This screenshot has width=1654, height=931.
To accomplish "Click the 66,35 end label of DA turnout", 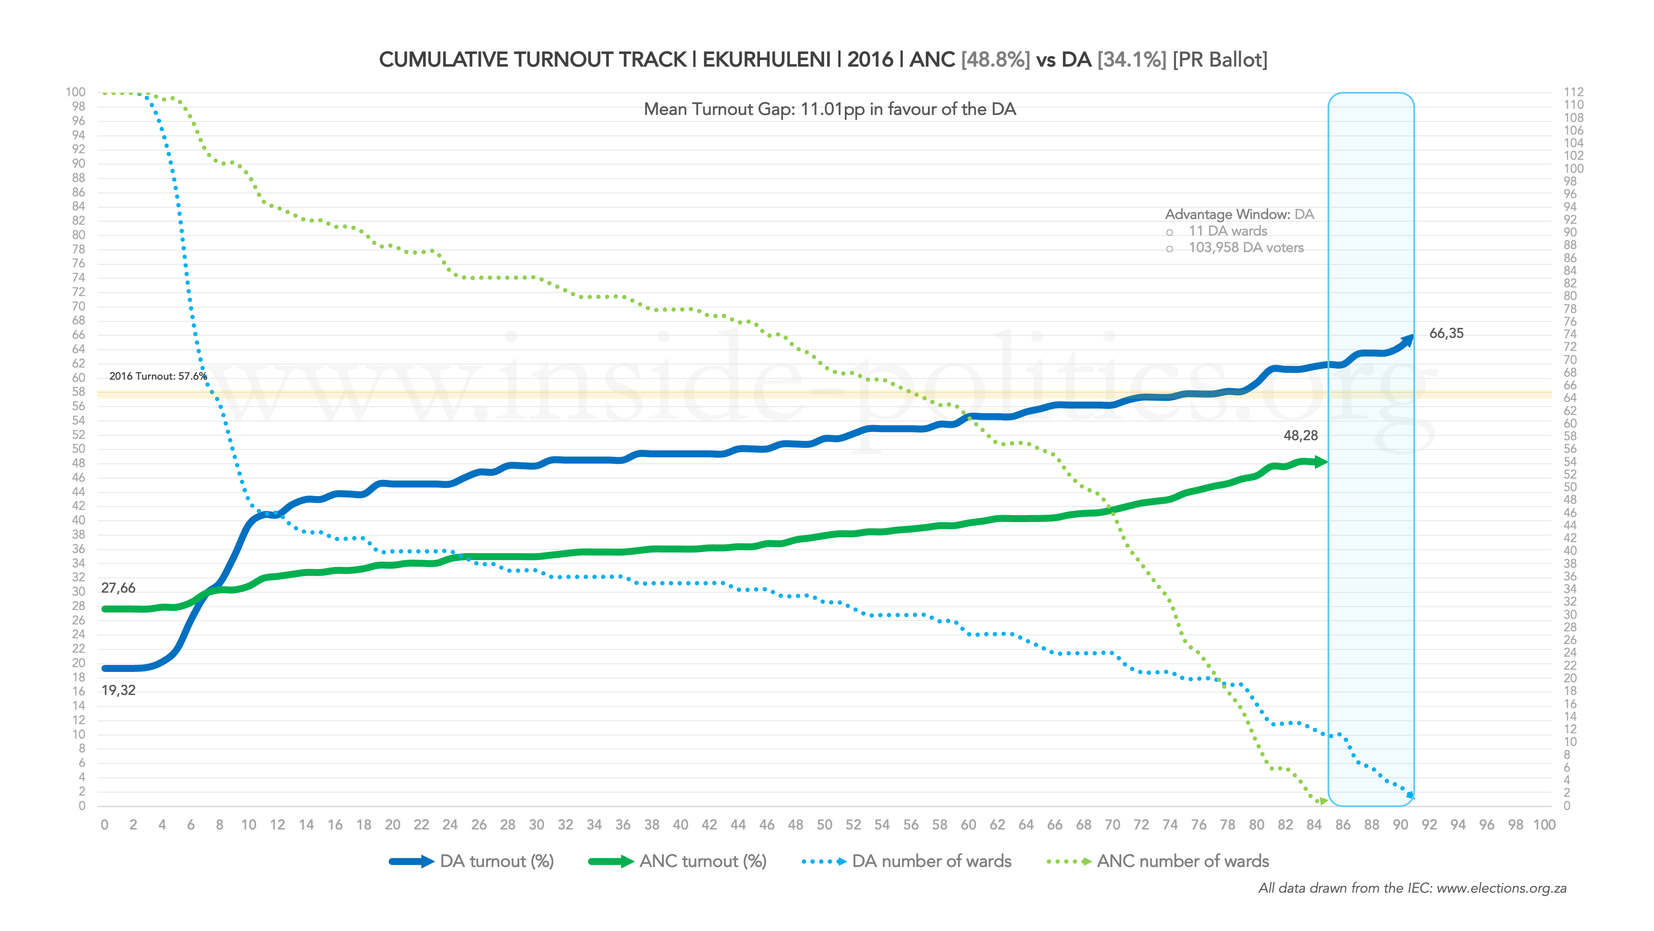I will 1446,334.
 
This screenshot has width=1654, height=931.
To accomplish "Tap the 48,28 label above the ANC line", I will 1300,435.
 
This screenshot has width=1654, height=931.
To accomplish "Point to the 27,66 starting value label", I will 118,588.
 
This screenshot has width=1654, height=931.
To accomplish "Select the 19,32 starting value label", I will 118,691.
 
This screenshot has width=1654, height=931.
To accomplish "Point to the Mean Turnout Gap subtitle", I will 830,109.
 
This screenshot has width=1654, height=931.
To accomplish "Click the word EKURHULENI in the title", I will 766,60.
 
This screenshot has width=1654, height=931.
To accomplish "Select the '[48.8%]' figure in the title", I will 995,60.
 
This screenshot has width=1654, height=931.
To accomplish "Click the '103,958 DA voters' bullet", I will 1246,248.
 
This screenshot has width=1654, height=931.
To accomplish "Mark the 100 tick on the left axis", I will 75,92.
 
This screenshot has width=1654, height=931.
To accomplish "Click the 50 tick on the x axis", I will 824,825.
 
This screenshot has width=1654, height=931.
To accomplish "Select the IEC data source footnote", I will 1412,889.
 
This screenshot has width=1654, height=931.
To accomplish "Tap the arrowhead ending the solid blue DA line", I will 1408,339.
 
